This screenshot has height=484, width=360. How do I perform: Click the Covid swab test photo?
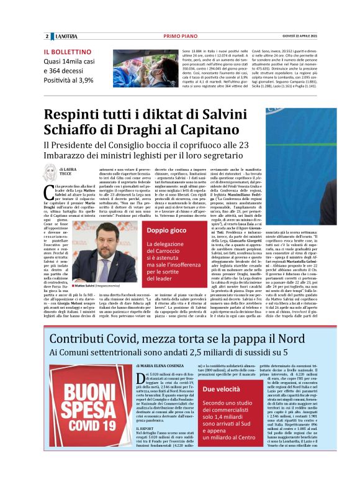[x=140, y=68]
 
